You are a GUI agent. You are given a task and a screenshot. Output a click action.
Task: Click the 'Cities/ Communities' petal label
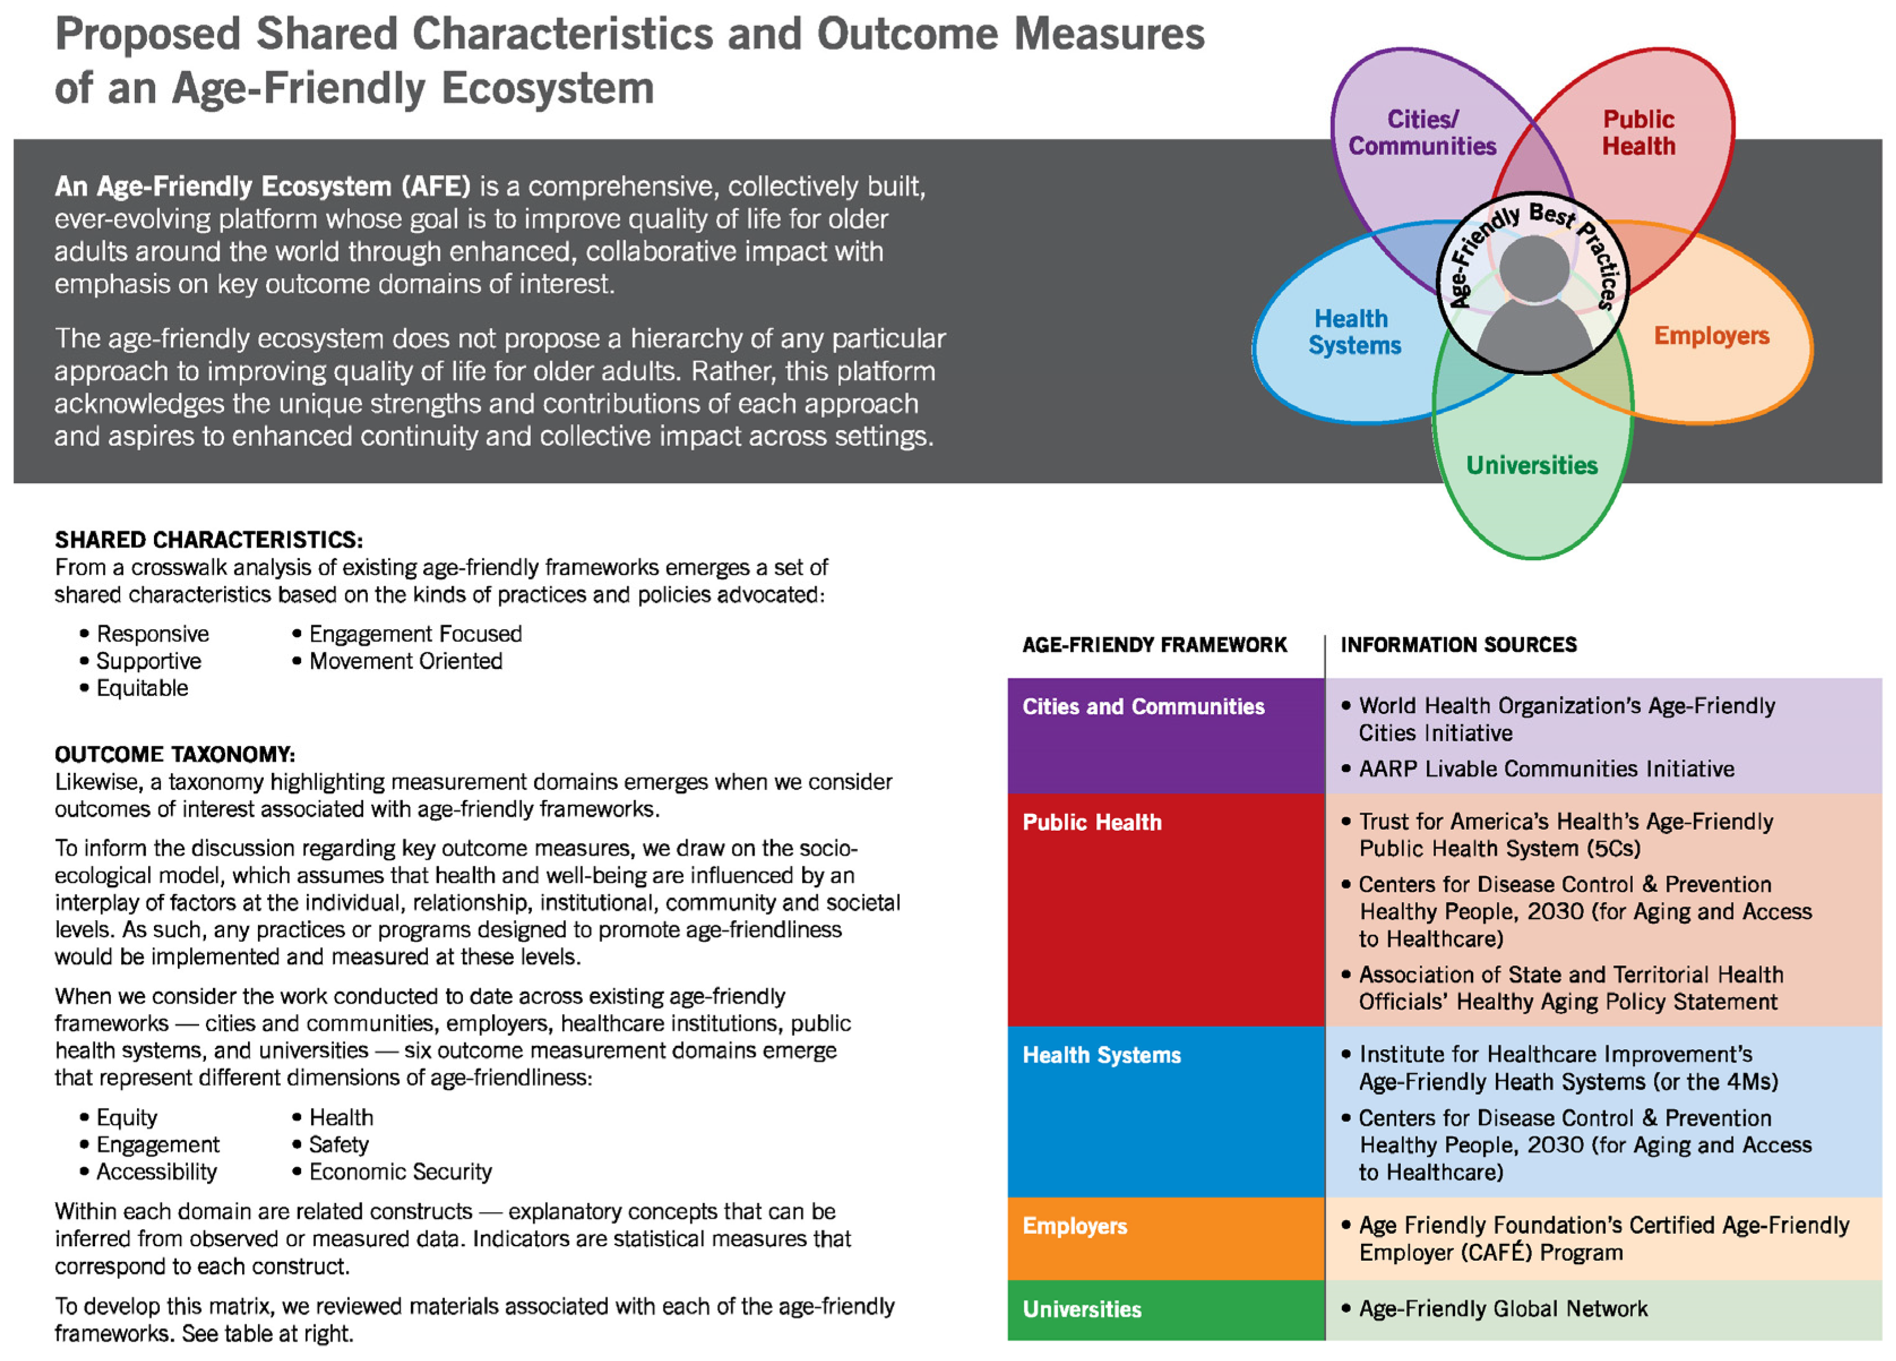1421,132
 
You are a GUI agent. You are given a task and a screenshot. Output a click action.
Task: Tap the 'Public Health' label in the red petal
1638,132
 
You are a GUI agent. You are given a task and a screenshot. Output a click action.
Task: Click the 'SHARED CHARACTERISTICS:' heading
209,539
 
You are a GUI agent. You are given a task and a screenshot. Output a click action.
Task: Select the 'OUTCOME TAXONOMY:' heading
175,754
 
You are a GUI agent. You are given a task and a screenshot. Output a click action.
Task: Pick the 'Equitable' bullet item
142,688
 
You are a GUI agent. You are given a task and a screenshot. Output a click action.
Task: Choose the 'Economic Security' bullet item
401,1171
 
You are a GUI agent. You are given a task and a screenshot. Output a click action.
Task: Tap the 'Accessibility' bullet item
156,1171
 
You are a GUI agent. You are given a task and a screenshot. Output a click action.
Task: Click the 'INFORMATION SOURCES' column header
1458,645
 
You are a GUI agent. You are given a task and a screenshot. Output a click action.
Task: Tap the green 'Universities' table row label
1082,1309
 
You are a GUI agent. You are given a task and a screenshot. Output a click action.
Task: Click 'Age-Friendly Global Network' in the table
1502,1308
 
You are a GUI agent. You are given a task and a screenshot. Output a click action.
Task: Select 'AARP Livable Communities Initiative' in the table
1546,768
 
